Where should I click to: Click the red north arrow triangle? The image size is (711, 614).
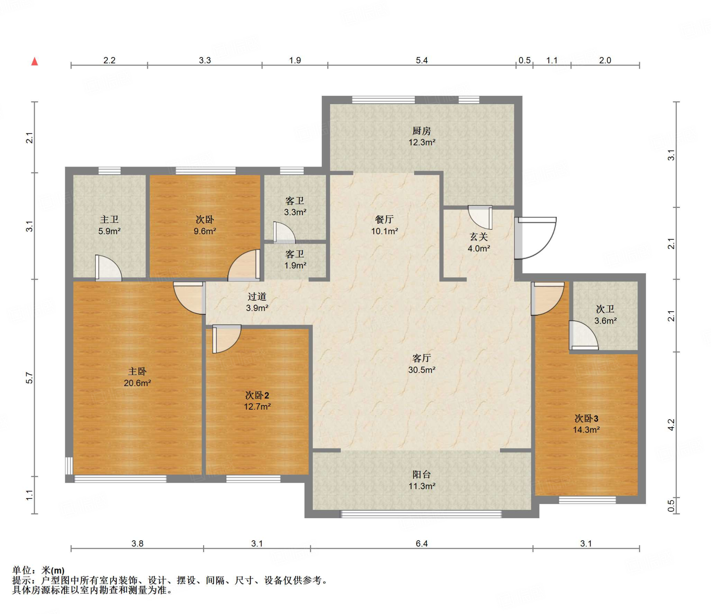click(x=35, y=61)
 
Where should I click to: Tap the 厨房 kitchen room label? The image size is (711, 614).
click(x=421, y=131)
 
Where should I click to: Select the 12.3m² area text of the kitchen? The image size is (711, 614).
click(x=422, y=142)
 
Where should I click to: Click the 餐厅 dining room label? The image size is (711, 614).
click(x=384, y=219)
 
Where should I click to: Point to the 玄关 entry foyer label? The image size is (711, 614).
click(x=479, y=237)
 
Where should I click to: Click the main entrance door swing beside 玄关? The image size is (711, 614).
click(x=536, y=238)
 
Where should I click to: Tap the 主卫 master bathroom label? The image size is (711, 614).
click(x=109, y=219)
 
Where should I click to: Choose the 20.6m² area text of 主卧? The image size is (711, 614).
click(x=137, y=383)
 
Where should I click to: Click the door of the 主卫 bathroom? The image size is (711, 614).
click(x=108, y=268)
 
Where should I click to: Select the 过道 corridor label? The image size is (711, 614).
click(x=257, y=296)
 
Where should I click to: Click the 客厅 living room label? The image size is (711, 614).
click(x=421, y=358)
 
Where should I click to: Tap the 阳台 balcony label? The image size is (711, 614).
click(x=421, y=474)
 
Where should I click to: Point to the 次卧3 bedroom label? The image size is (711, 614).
click(x=586, y=418)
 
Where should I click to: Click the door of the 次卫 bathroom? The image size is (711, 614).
click(x=583, y=335)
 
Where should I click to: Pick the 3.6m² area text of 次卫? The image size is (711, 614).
click(x=605, y=321)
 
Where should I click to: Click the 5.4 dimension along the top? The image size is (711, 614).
click(x=422, y=60)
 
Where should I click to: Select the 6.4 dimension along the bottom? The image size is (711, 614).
click(x=422, y=544)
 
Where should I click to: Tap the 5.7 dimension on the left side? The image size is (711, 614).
click(x=30, y=378)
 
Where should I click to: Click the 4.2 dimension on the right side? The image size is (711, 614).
click(x=671, y=425)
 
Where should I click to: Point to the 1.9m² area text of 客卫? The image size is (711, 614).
click(x=295, y=266)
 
